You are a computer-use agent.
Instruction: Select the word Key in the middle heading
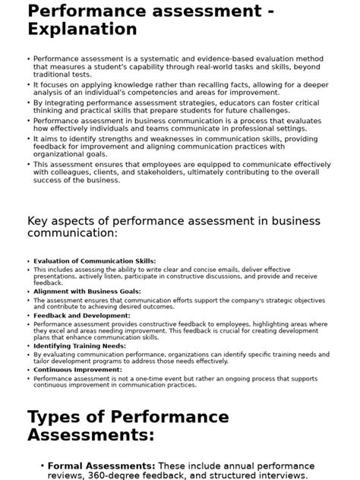pos(41,221)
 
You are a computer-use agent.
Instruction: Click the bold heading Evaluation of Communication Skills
pos(94,261)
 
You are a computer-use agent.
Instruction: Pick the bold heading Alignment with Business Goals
pos(87,291)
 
